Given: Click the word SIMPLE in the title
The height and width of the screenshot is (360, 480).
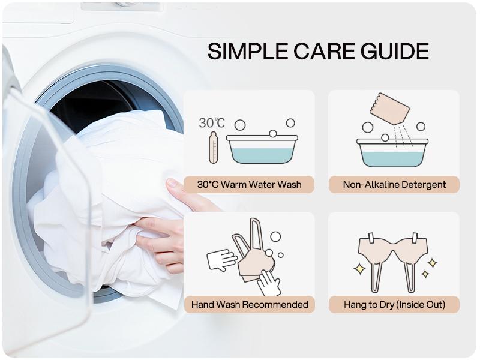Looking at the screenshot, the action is point(248,51).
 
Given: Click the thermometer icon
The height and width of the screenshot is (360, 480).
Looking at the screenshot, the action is point(214,148).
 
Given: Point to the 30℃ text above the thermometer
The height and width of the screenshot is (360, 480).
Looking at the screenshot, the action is point(212,123).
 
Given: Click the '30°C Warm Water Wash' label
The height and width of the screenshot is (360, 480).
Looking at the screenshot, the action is point(249,185).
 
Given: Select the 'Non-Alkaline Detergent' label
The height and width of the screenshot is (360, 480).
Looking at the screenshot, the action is point(394,185).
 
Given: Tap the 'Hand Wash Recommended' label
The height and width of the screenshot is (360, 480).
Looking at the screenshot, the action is point(250,305).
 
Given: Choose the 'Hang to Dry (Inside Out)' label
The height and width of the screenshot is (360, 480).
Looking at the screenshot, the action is point(394,305).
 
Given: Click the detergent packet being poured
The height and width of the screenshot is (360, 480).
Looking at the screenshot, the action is point(389,109).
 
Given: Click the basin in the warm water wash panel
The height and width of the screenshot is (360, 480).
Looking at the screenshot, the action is point(262,149).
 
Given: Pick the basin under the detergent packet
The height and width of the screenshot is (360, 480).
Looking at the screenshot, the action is point(392,153).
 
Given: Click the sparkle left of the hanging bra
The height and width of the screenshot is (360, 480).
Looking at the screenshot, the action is point(359,269).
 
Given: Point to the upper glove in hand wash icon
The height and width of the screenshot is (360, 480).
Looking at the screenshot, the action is point(221,260).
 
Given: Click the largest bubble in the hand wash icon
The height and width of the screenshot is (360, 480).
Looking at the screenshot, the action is point(275,236).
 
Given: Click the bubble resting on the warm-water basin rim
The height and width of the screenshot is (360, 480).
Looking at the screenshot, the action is point(273,133).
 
